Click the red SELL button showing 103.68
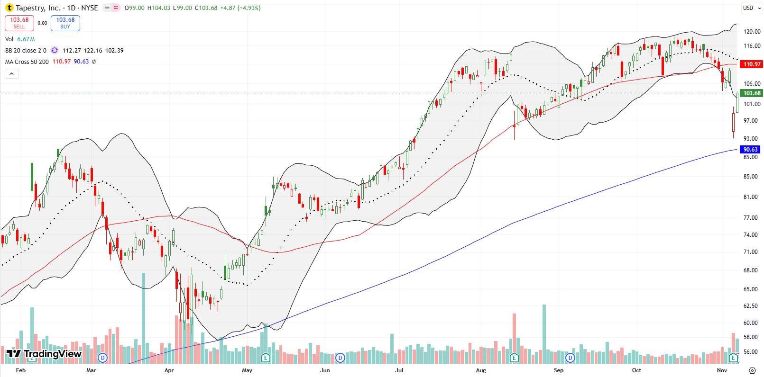tap(19, 23)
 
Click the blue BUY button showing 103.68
tap(65, 23)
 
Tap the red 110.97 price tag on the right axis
tap(752, 64)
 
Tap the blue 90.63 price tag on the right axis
tap(750, 149)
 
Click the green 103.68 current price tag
tap(752, 93)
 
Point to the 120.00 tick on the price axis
tap(752, 32)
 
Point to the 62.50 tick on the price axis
tap(750, 306)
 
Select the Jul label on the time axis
tap(399, 370)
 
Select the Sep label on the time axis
tap(559, 370)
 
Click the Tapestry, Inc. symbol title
tap(38, 8)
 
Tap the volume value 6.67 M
tap(26, 39)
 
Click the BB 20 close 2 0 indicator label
tap(26, 51)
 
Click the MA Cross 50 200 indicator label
tap(27, 62)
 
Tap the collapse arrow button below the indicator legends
tap(11, 73)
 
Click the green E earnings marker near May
tap(266, 358)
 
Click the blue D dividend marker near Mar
tap(102, 358)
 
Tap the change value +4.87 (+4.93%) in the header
tap(240, 8)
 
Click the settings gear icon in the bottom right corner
tap(752, 370)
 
